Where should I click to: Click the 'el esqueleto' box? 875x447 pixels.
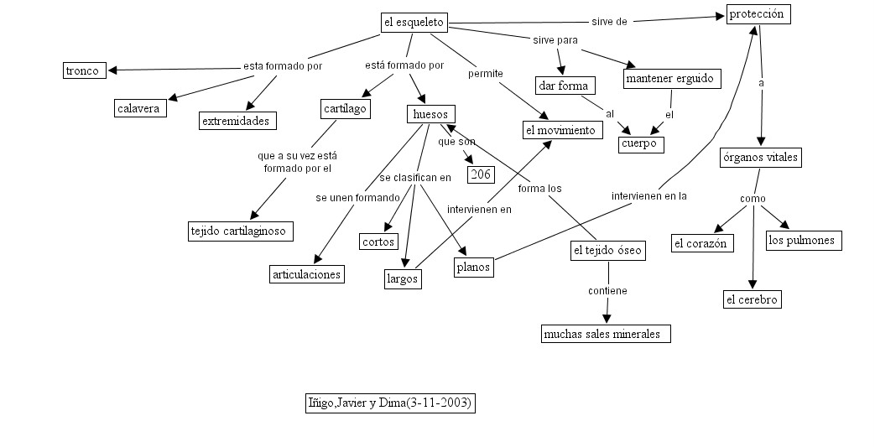[413, 23]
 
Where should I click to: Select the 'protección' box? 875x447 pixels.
[758, 14]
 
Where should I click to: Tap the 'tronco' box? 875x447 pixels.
[84, 70]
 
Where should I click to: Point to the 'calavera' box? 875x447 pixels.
[141, 108]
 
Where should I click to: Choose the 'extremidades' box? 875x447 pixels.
[237, 121]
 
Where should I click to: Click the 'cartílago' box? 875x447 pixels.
[345, 108]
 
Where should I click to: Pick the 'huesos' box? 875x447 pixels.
[431, 113]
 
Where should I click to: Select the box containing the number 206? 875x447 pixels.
[481, 174]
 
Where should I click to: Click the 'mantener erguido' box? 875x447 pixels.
[672, 79]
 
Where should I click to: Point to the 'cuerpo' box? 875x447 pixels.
[641, 144]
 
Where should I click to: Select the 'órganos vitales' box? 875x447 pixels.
[761, 158]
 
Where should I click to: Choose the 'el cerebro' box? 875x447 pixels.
[752, 299]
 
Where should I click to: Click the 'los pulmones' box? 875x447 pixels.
[803, 241]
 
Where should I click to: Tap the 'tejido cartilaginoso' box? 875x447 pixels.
[240, 231]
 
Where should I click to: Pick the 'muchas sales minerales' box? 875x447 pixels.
[605, 334]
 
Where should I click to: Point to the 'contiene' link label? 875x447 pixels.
[607, 291]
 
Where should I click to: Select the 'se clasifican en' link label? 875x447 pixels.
[414, 177]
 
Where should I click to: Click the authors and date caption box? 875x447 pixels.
[390, 403]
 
